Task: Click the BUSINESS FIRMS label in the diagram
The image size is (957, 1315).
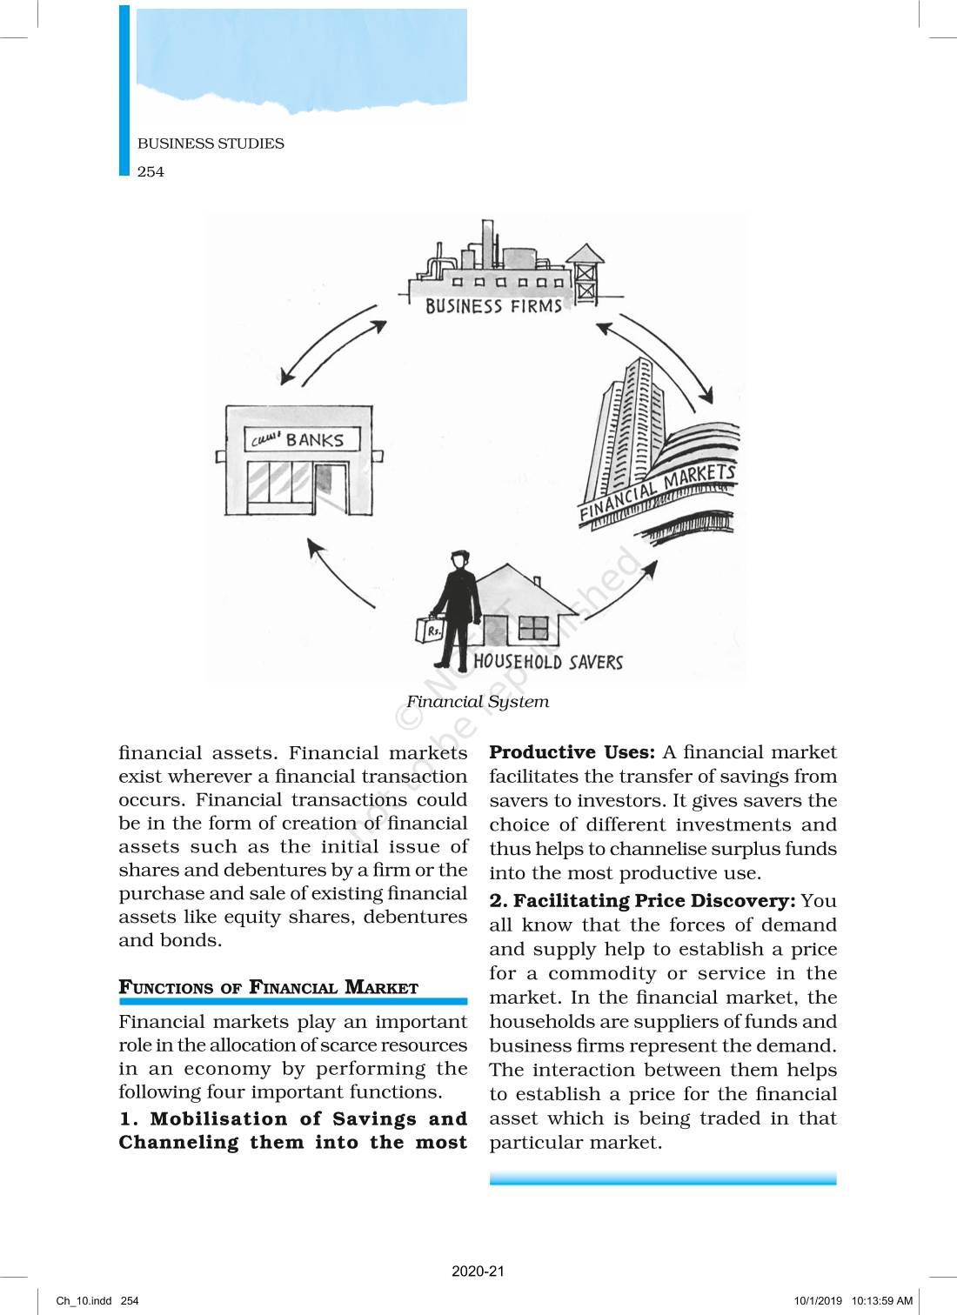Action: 493,306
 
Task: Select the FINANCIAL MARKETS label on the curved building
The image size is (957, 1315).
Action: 658,492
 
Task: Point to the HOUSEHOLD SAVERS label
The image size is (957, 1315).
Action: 548,662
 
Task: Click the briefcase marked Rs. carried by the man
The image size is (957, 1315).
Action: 431,629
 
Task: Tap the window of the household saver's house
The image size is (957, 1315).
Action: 533,627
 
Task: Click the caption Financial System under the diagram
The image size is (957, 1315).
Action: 478,702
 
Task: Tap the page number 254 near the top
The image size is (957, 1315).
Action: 151,171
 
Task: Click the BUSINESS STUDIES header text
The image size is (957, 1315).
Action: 211,144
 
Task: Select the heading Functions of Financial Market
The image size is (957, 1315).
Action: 269,987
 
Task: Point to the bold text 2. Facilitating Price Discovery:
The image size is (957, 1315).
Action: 642,901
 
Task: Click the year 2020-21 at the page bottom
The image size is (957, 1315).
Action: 478,1271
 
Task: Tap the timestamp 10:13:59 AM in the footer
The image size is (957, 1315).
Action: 881,1301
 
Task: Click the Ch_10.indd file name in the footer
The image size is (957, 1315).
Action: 84,1301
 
